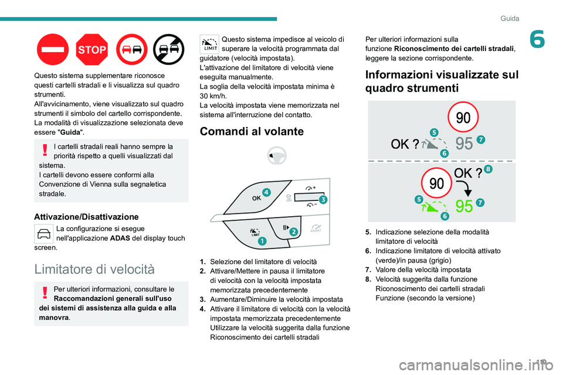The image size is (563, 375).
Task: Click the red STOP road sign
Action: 92,49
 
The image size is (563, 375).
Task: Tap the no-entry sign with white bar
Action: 52,49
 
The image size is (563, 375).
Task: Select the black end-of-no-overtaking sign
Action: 169,49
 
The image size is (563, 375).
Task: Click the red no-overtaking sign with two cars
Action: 131,49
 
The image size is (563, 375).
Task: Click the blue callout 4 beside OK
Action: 266,192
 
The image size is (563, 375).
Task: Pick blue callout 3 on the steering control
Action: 323,199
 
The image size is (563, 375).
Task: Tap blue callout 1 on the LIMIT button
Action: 262,241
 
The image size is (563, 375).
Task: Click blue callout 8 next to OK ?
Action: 488,169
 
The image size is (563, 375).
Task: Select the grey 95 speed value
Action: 464,144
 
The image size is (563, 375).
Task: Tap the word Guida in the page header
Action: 510,19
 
